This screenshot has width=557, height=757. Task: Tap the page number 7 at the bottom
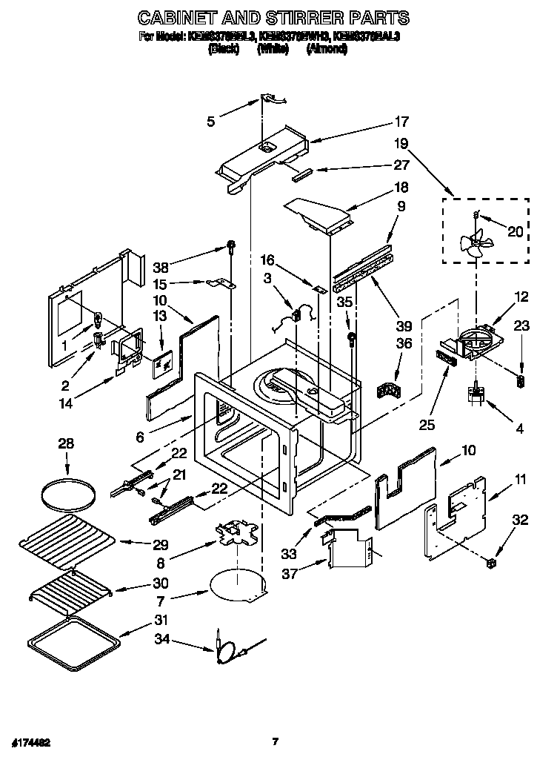275,740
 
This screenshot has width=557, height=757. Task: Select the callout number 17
401,122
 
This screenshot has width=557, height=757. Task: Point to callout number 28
67,443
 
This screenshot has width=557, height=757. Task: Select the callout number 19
401,143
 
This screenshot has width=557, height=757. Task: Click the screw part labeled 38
231,246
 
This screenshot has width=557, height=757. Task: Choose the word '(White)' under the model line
272,49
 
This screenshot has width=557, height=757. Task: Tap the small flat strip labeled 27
302,176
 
